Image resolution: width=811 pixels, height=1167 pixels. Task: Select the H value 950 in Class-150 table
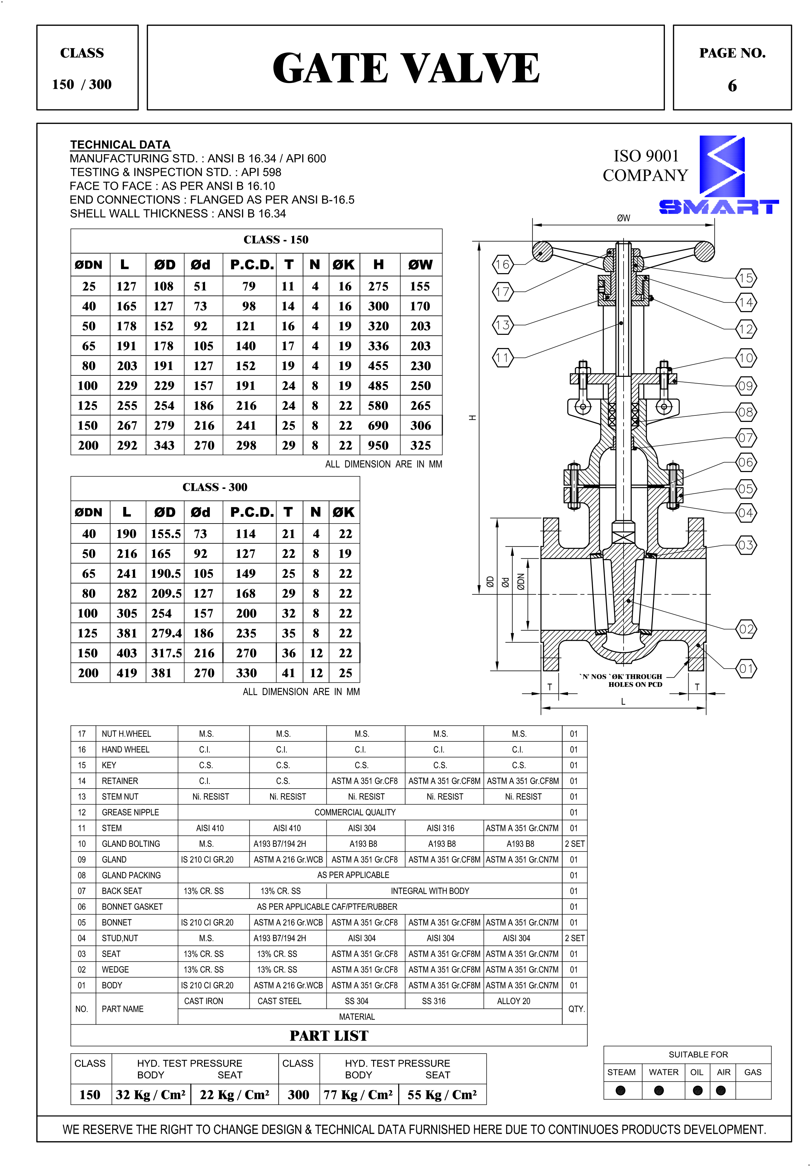click(378, 446)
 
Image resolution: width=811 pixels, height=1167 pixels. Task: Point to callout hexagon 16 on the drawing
click(503, 264)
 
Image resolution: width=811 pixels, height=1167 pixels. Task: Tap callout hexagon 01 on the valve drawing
click(746, 669)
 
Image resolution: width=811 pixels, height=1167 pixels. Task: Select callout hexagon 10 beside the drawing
click(746, 358)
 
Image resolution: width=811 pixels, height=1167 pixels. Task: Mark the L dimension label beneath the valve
click(623, 702)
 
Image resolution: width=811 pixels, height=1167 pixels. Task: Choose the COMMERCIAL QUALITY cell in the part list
click(355, 812)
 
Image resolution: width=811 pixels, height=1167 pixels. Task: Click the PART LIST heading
click(329, 1036)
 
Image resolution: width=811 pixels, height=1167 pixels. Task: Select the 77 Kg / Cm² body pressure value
click(359, 1094)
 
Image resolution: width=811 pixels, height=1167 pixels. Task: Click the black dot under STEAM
click(621, 1090)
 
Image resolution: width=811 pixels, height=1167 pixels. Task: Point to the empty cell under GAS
click(753, 1090)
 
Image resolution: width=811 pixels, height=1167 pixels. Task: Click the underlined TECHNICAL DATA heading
click(120, 145)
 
